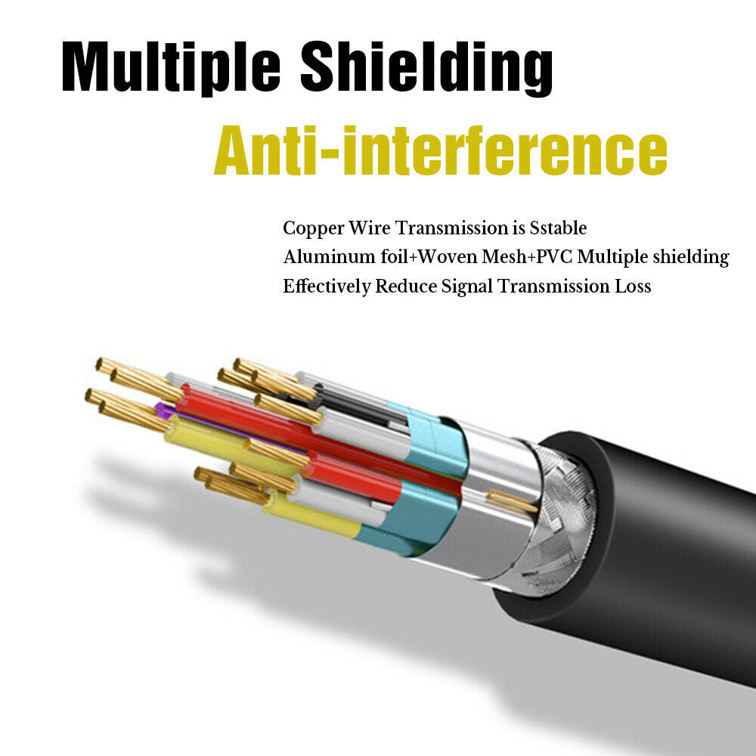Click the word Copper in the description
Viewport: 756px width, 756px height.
[x=308, y=228]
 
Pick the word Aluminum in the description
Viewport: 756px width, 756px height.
[x=318, y=257]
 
